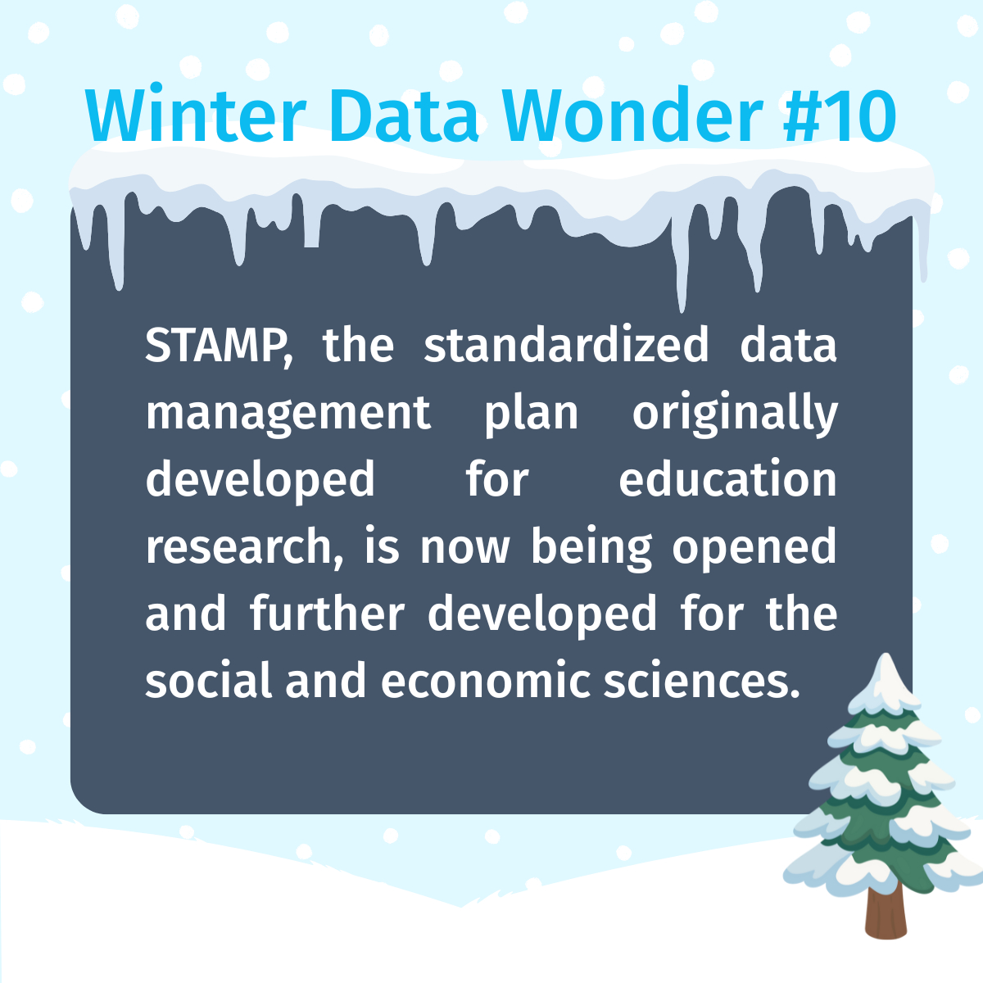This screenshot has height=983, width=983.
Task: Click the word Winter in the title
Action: [x=196, y=116]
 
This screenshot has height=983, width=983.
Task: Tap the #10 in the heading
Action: [x=839, y=116]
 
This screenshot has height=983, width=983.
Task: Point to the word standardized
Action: [x=566, y=344]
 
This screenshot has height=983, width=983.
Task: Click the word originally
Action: [x=735, y=412]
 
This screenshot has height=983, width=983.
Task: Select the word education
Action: [x=728, y=478]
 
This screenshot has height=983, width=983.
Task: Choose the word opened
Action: [x=754, y=548]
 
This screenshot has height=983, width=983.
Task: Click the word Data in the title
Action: [x=404, y=116]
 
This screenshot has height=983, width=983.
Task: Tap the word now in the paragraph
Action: [x=464, y=550]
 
